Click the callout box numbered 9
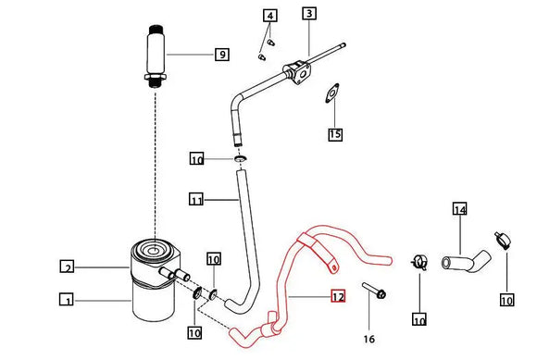point(222,55)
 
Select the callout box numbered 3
point(309,13)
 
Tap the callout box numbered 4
point(270,16)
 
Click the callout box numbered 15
point(335,134)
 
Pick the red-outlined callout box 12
point(338,296)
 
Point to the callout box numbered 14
point(459,209)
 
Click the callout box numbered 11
point(196,200)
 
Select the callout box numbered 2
point(67,267)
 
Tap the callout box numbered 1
point(67,300)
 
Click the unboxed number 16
point(368,339)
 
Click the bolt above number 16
point(374,291)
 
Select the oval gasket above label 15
point(331,93)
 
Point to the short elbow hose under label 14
point(466,262)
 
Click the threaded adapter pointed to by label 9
point(156,56)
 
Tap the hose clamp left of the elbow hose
point(419,263)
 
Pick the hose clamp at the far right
point(503,240)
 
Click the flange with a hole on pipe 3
point(297,73)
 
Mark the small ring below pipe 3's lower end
point(241,158)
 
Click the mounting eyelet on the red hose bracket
point(334,268)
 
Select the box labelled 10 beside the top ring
point(196,159)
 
